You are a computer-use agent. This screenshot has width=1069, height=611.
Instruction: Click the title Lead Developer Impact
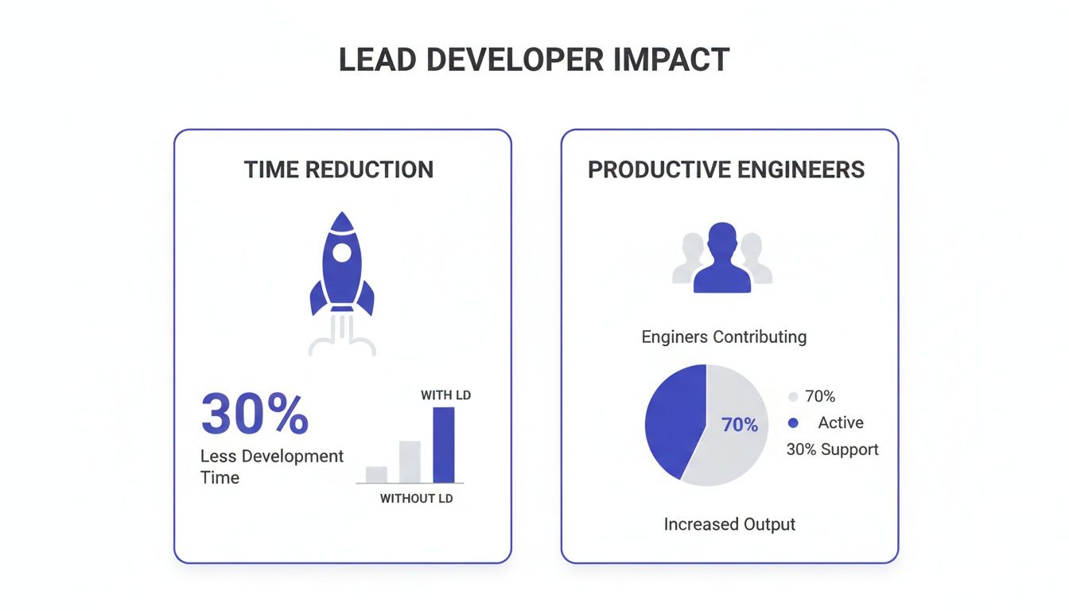pos(534,60)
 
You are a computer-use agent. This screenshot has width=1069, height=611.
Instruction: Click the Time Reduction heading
pos(339,169)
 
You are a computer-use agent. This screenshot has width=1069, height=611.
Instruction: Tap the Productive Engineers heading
pos(726,169)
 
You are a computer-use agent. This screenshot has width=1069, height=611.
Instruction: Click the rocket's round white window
pos(342,253)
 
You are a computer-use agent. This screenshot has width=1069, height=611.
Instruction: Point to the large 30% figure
pos(255,414)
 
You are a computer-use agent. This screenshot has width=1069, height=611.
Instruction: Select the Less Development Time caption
pos(271,466)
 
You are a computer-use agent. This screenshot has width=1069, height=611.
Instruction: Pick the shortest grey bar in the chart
pos(376,474)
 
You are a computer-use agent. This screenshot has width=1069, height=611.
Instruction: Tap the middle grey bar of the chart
pos(410,461)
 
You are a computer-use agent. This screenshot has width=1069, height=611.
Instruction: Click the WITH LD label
pos(445,395)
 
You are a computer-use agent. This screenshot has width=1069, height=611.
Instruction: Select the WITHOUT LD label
pos(416,499)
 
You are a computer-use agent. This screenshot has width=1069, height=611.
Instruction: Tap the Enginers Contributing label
pos(724,337)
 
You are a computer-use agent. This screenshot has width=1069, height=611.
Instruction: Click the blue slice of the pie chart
pos(672,418)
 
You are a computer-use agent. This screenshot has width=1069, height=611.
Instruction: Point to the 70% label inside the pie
pos(740,425)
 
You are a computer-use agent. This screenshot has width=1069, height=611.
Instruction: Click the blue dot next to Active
pos(792,423)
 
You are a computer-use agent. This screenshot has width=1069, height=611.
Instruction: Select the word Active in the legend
pos(841,423)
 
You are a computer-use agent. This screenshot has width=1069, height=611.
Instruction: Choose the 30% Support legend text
pos(832,449)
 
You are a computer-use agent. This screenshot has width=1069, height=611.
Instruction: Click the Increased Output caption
pos(729,524)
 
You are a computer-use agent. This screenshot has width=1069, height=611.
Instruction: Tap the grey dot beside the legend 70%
pos(792,397)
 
